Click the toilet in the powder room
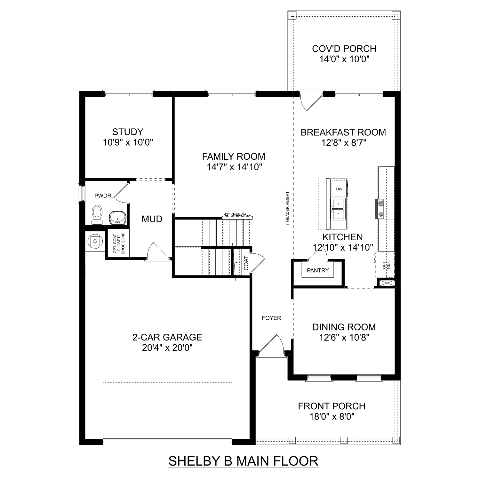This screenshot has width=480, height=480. [x=97, y=214]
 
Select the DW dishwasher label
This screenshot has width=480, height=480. [x=339, y=189]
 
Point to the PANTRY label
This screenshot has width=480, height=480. [x=318, y=270]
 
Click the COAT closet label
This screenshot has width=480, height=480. [x=246, y=263]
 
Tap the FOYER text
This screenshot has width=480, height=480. [x=271, y=318]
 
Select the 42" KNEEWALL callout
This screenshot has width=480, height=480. [x=237, y=214]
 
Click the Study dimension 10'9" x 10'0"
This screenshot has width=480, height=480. [x=128, y=142]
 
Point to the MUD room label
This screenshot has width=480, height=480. [x=152, y=219]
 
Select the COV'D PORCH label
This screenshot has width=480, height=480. [x=344, y=49]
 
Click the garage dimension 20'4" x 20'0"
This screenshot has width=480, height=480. [x=167, y=348]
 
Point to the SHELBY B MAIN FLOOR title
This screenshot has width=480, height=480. [x=243, y=461]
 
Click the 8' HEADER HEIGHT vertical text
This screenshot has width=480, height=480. [x=288, y=208]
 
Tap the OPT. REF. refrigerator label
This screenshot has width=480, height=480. [x=386, y=264]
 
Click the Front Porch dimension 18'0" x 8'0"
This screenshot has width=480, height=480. [x=332, y=417]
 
